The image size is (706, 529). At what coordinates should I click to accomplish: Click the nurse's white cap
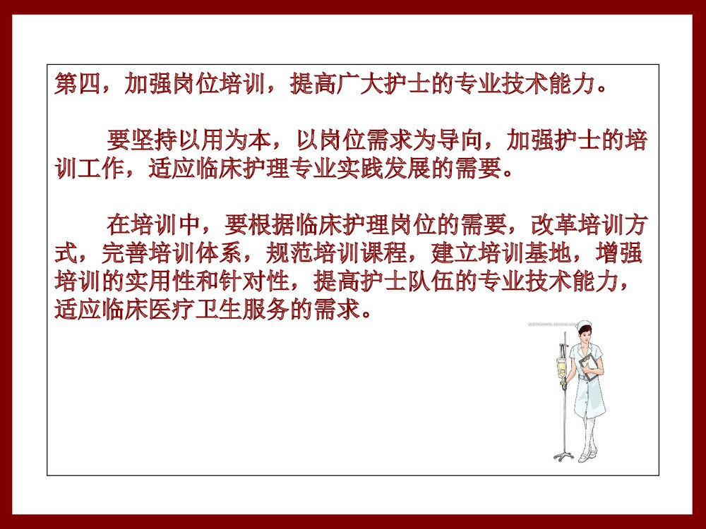(x=585, y=325)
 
